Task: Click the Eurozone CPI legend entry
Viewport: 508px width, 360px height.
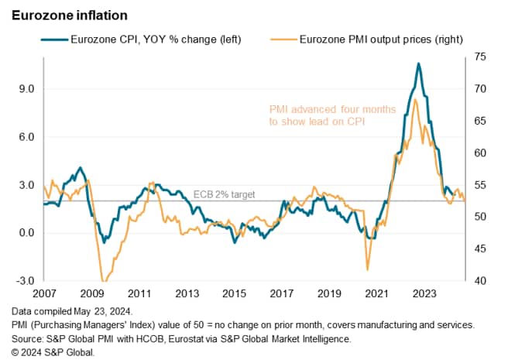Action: click(146, 39)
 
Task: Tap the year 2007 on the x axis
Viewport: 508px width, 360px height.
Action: click(45, 295)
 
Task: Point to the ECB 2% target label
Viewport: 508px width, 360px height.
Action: click(223, 195)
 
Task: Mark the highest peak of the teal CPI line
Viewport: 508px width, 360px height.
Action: click(418, 63)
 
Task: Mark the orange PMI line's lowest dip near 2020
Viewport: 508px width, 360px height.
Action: click(367, 269)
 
